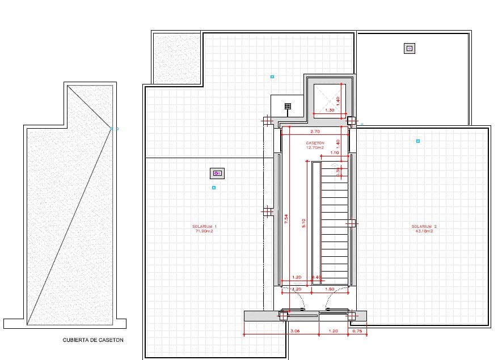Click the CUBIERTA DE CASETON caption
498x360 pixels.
[x=93, y=341]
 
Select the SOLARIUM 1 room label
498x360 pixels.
[x=204, y=228]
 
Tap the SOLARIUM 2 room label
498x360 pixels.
[x=424, y=228]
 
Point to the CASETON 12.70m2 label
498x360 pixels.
[x=315, y=145]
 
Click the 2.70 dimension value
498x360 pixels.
[x=315, y=131]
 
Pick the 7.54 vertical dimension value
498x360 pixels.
[x=287, y=218]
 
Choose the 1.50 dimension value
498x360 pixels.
[x=330, y=289]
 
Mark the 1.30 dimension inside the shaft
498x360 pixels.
[x=330, y=110]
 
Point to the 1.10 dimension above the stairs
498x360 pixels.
[x=334, y=153]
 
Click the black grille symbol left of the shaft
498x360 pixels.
[x=288, y=105]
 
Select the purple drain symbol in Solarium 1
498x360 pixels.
[x=218, y=173]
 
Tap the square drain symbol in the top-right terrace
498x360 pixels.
[x=409, y=49]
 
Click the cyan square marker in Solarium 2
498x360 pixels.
[x=418, y=141]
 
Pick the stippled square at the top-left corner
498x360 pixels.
[x=176, y=58]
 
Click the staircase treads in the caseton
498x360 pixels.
[x=335, y=227]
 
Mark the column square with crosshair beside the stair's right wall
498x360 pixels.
[x=351, y=223]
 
